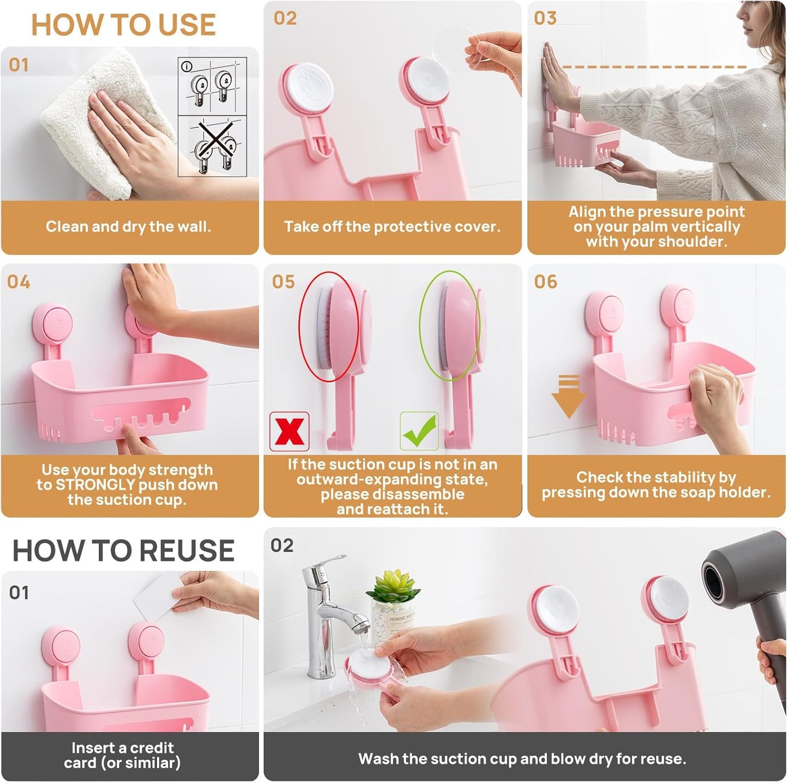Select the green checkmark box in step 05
[419, 431]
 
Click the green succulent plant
[393, 585]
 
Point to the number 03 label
[545, 18]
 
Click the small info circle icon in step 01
[187, 67]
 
